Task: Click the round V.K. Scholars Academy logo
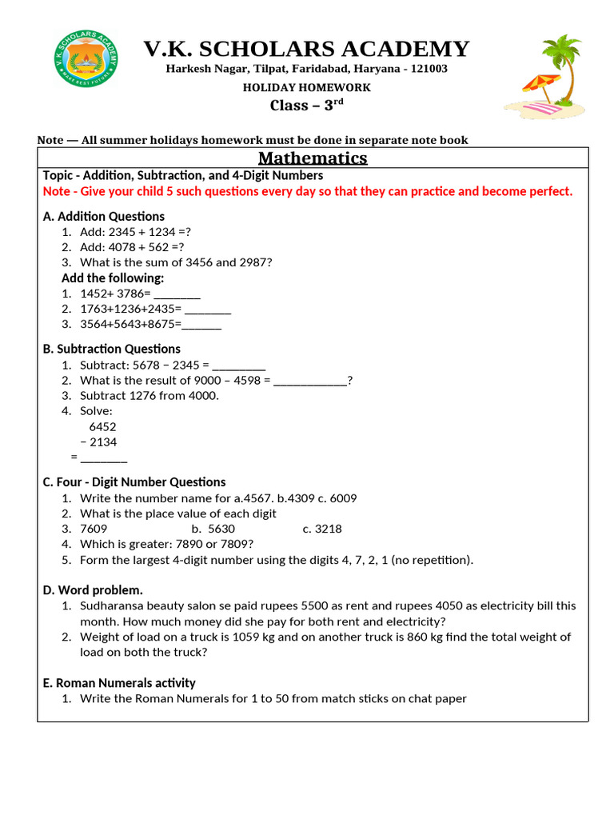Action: click(x=86, y=59)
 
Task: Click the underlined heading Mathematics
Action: click(x=313, y=158)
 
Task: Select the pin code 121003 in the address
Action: click(x=429, y=69)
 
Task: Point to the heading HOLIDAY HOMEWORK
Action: click(x=307, y=87)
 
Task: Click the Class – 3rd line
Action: click(x=307, y=105)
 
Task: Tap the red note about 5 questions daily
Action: click(x=308, y=192)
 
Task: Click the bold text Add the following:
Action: click(x=113, y=278)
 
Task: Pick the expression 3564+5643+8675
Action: click(x=130, y=324)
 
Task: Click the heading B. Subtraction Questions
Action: click(x=111, y=349)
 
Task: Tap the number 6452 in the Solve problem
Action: click(x=102, y=427)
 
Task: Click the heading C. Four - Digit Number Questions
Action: click(x=134, y=482)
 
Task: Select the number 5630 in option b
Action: click(x=221, y=529)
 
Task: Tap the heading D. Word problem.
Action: click(x=93, y=590)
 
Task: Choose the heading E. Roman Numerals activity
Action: click(x=118, y=683)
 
